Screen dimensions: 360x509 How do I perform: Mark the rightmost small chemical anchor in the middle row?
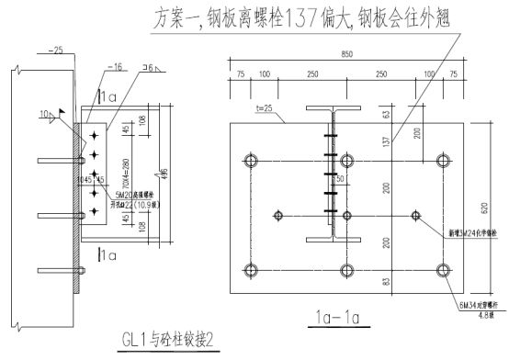(416, 216)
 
